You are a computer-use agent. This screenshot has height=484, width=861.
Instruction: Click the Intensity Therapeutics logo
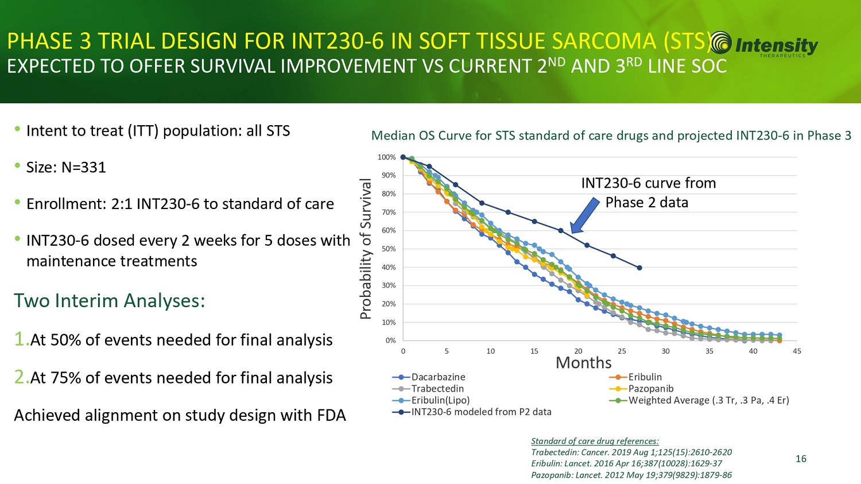(763, 45)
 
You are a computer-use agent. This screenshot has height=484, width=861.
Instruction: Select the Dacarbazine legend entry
(437, 377)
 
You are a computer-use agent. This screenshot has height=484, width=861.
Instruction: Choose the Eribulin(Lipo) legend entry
(440, 400)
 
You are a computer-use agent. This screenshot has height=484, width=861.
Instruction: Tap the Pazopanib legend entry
(650, 389)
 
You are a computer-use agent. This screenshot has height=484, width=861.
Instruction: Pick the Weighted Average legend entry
(708, 400)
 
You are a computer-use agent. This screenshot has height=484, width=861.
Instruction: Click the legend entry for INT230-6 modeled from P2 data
(480, 412)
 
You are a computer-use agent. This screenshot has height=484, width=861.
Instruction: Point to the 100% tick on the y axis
(387, 157)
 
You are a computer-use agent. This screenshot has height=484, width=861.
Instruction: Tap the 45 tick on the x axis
(797, 351)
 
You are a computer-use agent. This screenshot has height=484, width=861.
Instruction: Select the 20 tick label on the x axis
(578, 351)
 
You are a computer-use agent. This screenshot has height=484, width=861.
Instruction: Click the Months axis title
(583, 363)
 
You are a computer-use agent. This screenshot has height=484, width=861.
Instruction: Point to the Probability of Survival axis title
(366, 249)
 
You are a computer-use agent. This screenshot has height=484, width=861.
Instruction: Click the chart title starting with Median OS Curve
(611, 135)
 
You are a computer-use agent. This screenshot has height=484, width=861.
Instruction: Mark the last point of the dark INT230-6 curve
(639, 268)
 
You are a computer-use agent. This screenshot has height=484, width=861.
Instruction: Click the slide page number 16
(801, 458)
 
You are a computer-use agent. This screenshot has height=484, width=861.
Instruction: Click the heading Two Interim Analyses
(109, 300)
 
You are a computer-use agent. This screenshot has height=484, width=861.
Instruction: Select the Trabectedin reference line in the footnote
(631, 452)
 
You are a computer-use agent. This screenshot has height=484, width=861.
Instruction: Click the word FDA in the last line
(331, 415)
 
